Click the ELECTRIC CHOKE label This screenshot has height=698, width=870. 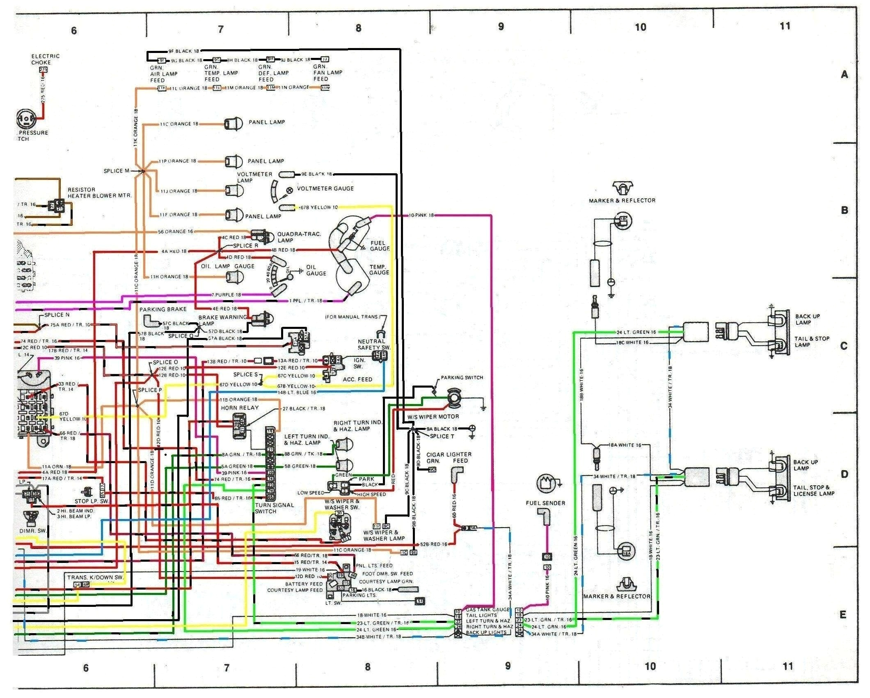(45, 59)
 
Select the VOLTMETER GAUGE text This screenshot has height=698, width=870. (325, 188)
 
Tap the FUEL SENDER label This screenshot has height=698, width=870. (545, 503)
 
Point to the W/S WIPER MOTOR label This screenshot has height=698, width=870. (433, 416)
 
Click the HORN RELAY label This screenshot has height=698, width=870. (240, 408)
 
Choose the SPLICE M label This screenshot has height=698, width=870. (117, 171)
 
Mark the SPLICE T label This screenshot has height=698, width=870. (442, 436)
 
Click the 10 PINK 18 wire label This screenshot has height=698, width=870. (421, 215)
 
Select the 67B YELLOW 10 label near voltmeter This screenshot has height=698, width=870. (319, 207)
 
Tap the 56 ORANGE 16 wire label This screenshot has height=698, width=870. (175, 232)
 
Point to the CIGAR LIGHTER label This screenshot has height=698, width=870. (449, 455)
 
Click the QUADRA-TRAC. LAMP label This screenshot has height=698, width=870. (299, 237)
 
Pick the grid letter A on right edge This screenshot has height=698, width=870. (844, 74)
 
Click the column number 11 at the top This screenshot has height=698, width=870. (785, 26)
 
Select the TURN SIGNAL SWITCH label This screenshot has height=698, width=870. (274, 508)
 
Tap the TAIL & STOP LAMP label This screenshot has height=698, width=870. (812, 342)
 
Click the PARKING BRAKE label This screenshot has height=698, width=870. (163, 309)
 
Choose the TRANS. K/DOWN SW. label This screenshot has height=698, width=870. (95, 577)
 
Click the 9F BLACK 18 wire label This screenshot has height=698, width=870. (183, 51)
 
